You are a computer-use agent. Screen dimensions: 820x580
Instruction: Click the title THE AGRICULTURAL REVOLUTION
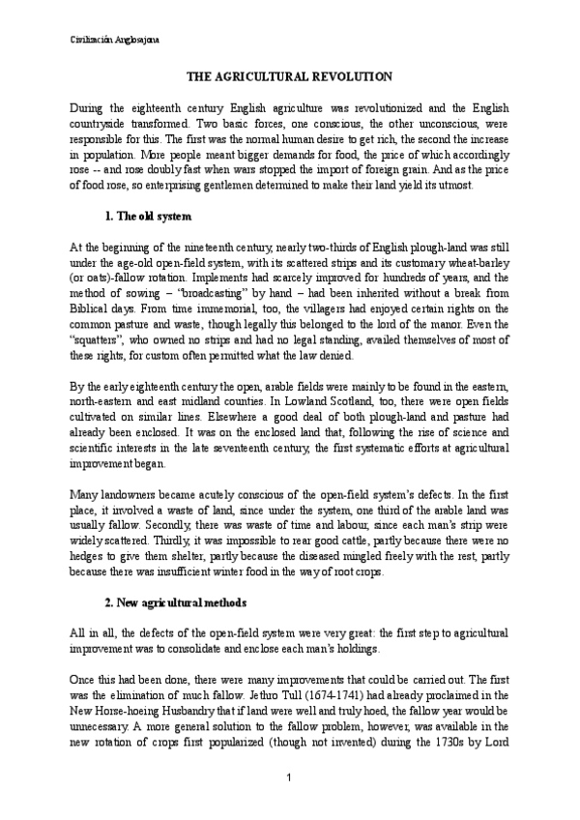click(289, 75)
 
